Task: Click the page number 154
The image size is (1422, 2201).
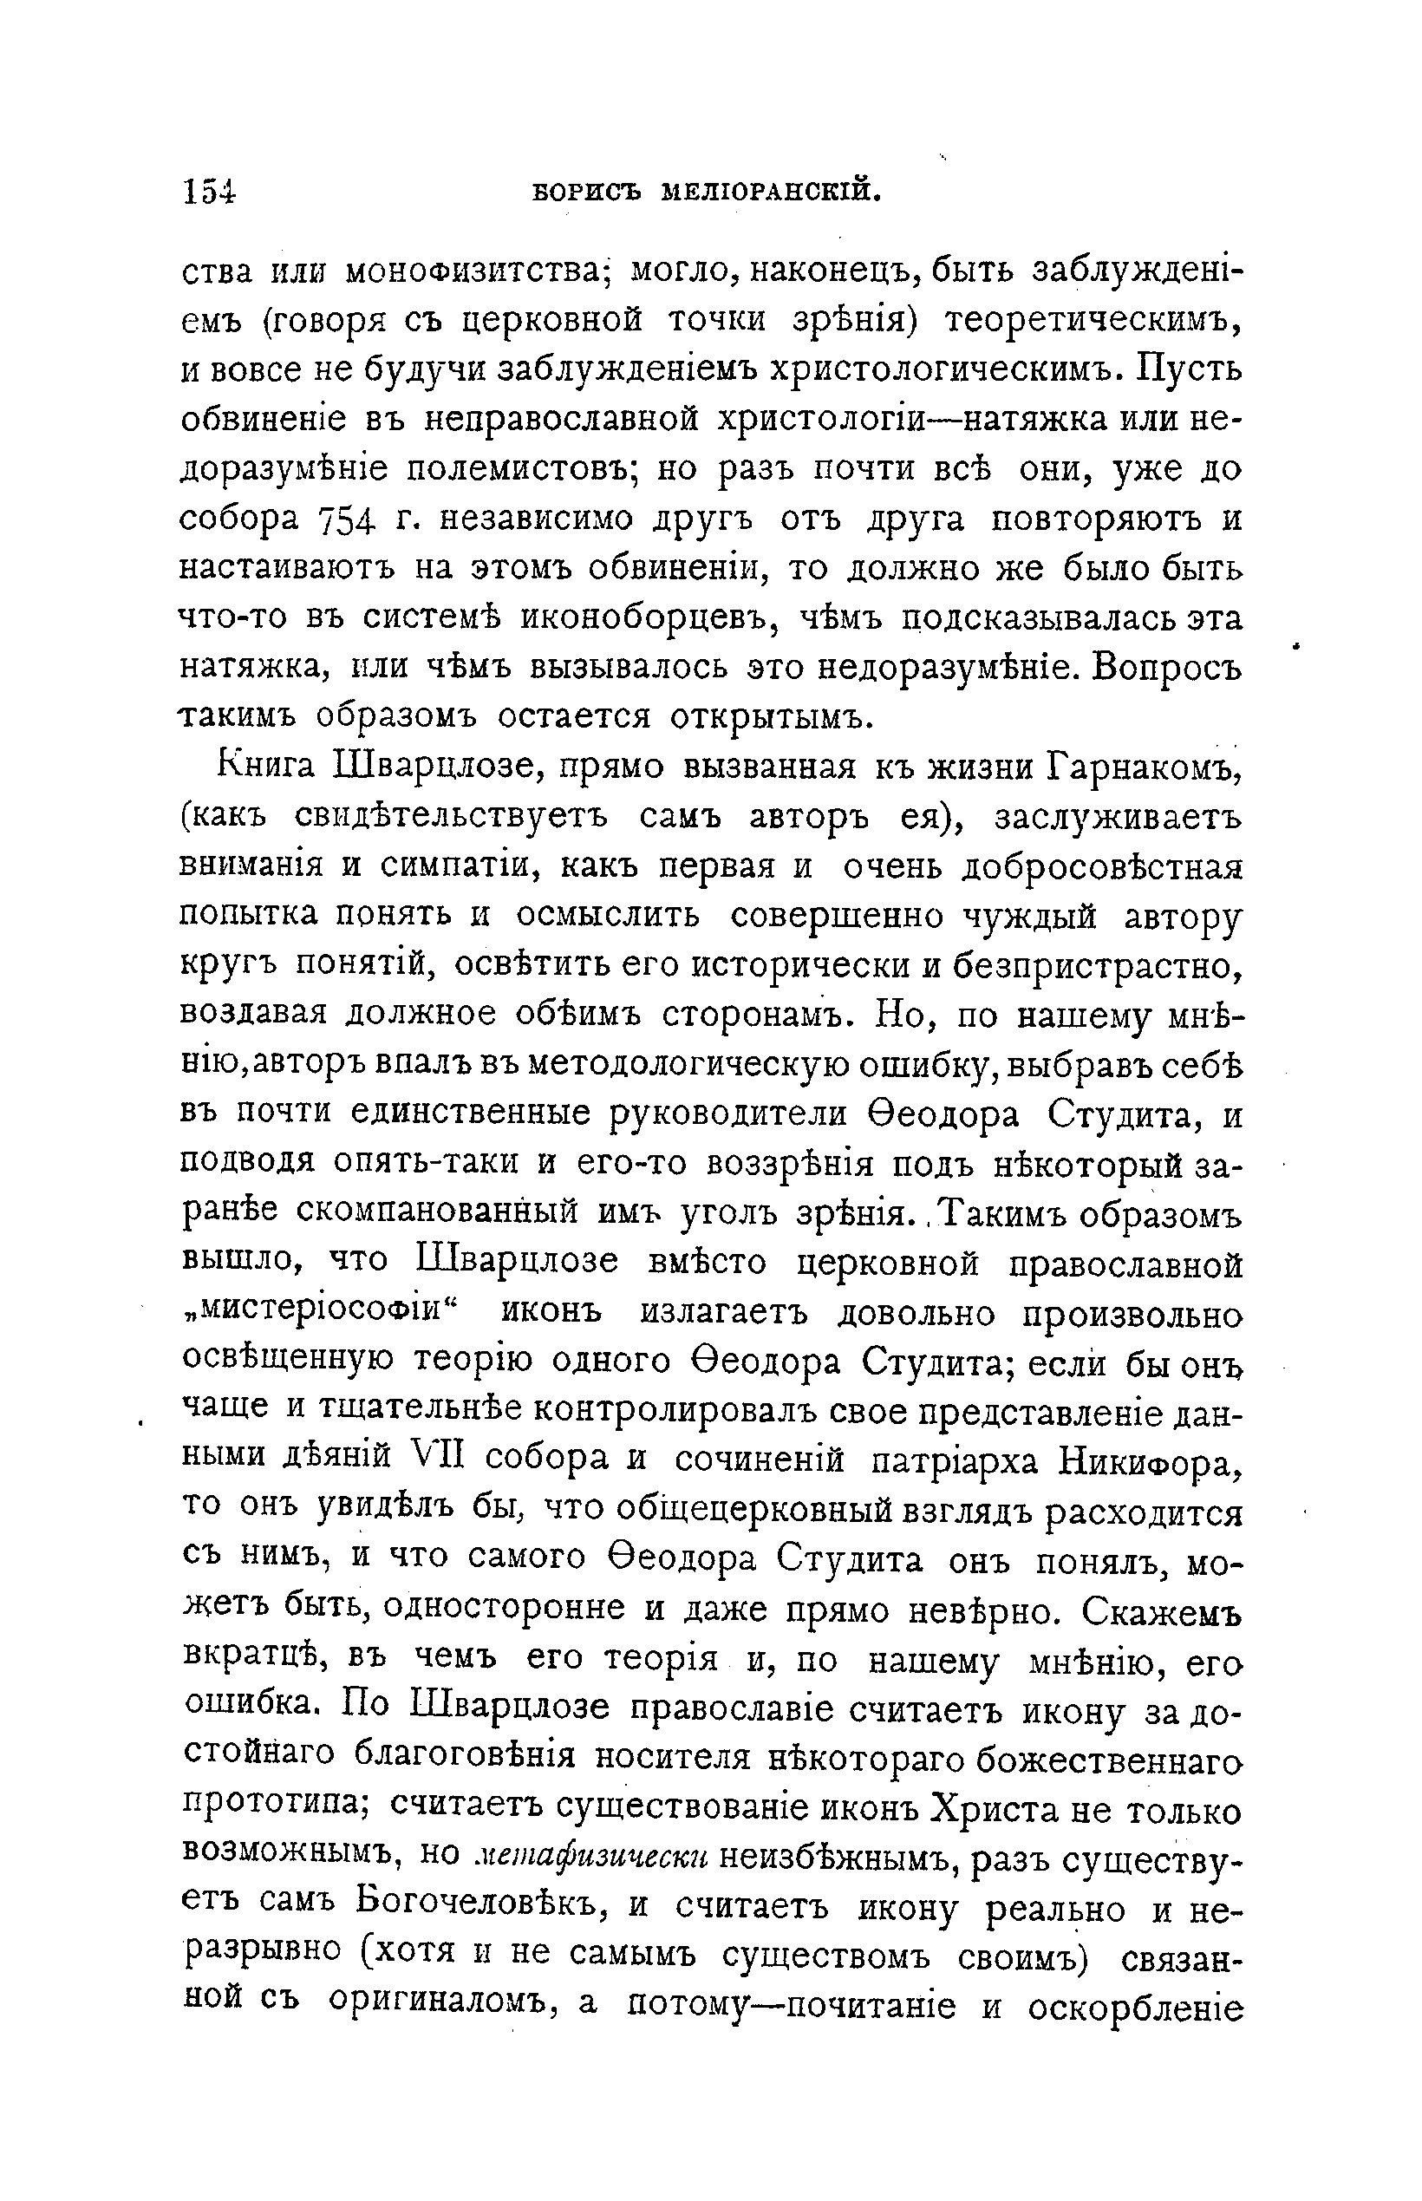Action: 210,191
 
